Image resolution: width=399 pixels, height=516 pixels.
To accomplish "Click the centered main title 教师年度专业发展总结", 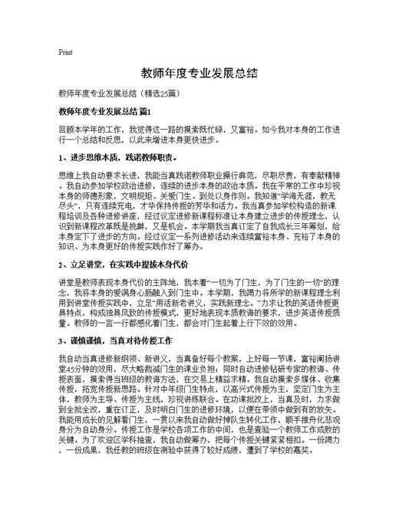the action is coord(199,74).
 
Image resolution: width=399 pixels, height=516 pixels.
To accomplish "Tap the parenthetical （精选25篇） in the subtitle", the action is coord(157,94).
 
